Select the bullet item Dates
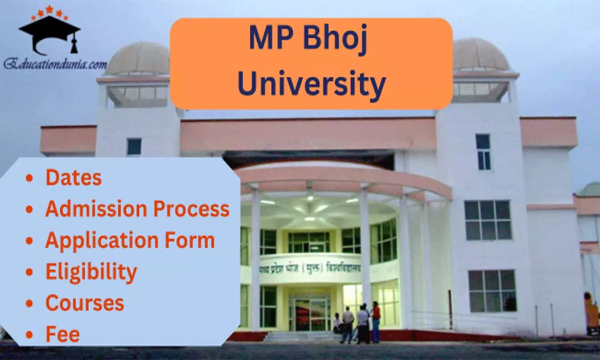[74, 178]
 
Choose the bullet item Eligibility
[91, 272]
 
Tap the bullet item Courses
[85, 303]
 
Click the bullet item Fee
[63, 334]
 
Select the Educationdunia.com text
[55, 64]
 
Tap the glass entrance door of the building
[310, 314]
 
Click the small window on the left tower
[134, 147]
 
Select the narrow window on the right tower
[483, 152]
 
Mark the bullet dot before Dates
[29, 178]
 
